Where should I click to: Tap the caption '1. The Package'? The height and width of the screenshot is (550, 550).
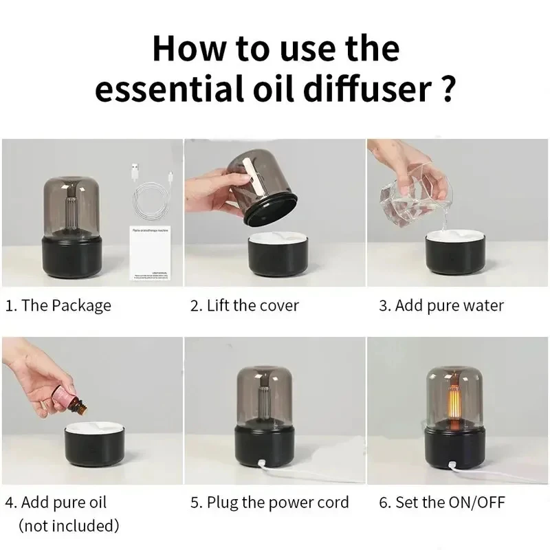coord(58,306)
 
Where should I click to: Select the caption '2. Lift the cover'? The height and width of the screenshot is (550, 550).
coord(244,306)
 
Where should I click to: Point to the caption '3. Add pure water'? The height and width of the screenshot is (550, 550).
coord(441,306)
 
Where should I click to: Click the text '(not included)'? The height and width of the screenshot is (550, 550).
coord(69,527)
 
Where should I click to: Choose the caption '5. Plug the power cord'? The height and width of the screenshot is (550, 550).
coord(269,503)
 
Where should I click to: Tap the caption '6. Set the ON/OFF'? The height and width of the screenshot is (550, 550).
coord(441,503)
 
